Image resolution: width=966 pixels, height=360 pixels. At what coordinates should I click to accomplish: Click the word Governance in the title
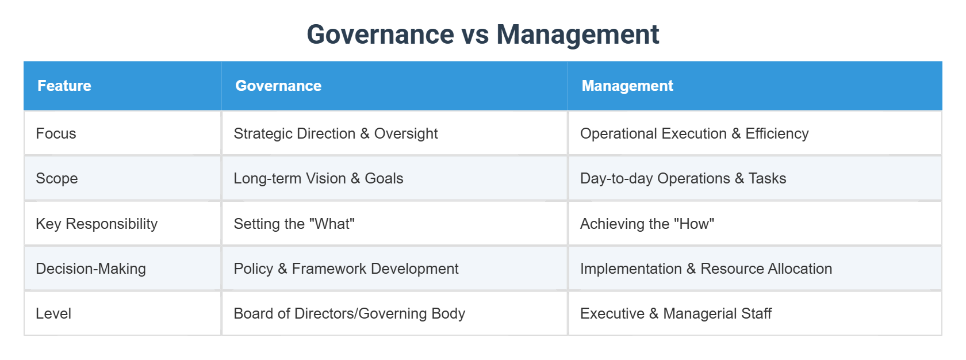pos(380,35)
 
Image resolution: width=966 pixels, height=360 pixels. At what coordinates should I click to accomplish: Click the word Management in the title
pos(577,35)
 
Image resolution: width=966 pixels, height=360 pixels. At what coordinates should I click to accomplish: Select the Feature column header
pos(64,86)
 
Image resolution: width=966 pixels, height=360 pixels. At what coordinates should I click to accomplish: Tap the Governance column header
pos(278,86)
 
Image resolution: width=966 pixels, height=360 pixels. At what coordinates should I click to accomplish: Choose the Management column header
pos(627,86)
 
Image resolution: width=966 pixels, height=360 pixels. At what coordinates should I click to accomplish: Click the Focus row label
pos(56,133)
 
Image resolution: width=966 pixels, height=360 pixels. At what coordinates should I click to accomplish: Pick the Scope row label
pos(56,178)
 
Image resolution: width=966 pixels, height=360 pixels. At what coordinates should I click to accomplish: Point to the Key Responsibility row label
pos(97,224)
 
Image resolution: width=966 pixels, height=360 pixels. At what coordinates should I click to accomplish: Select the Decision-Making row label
pos(91,269)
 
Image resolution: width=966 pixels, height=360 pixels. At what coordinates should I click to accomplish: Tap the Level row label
pos(53,313)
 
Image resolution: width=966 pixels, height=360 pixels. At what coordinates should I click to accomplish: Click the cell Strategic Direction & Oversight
pos(336,133)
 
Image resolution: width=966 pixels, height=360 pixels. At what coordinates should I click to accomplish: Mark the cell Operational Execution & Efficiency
pos(694,133)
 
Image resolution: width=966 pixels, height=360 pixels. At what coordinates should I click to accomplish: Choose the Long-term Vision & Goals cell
pos(319,178)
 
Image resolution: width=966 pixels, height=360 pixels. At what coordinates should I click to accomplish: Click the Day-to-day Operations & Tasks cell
pos(683,178)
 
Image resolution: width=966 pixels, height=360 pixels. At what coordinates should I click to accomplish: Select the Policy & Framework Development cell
pos(346,269)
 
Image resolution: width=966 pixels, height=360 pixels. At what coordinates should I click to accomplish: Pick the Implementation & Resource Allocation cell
pos(706,269)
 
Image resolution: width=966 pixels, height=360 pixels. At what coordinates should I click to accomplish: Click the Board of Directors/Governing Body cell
pos(349,313)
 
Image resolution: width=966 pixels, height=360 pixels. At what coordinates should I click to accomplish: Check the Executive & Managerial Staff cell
pos(676,313)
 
